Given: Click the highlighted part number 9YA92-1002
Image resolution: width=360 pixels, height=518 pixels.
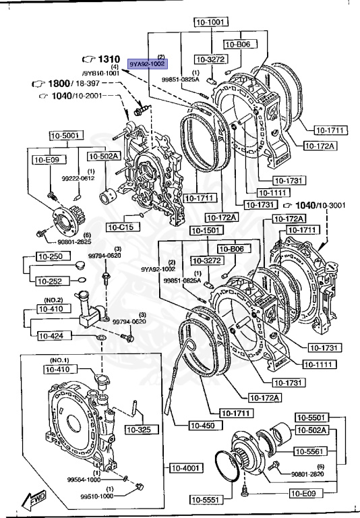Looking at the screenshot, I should pyautogui.click(x=147, y=65).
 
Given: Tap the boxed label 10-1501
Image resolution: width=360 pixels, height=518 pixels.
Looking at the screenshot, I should pyautogui.click(x=206, y=231).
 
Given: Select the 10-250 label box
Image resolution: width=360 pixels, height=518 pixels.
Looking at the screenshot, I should pyautogui.click(x=50, y=258).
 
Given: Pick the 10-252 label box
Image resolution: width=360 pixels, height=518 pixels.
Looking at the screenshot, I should pyautogui.click(x=50, y=281).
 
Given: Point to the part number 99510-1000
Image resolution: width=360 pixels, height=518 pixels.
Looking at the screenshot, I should pyautogui.click(x=99, y=496).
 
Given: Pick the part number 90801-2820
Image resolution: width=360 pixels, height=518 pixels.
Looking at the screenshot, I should pyautogui.click(x=310, y=473).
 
